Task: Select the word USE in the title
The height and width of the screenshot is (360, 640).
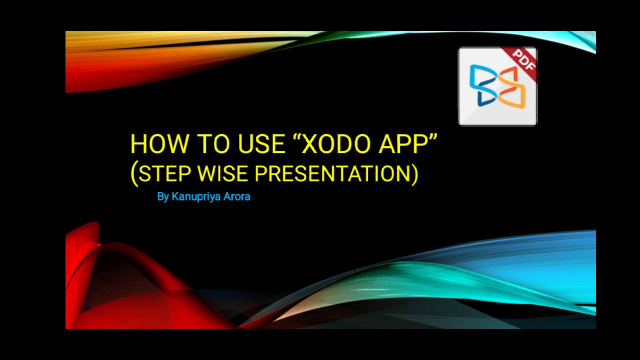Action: click(262, 144)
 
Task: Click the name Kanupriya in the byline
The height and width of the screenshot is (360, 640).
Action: click(196, 196)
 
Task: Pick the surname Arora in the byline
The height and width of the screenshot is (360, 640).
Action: click(236, 196)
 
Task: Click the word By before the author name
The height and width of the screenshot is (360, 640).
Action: click(163, 196)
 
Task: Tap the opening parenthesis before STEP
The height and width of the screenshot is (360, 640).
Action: click(133, 174)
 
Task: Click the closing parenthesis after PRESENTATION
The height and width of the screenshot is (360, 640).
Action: click(414, 174)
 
